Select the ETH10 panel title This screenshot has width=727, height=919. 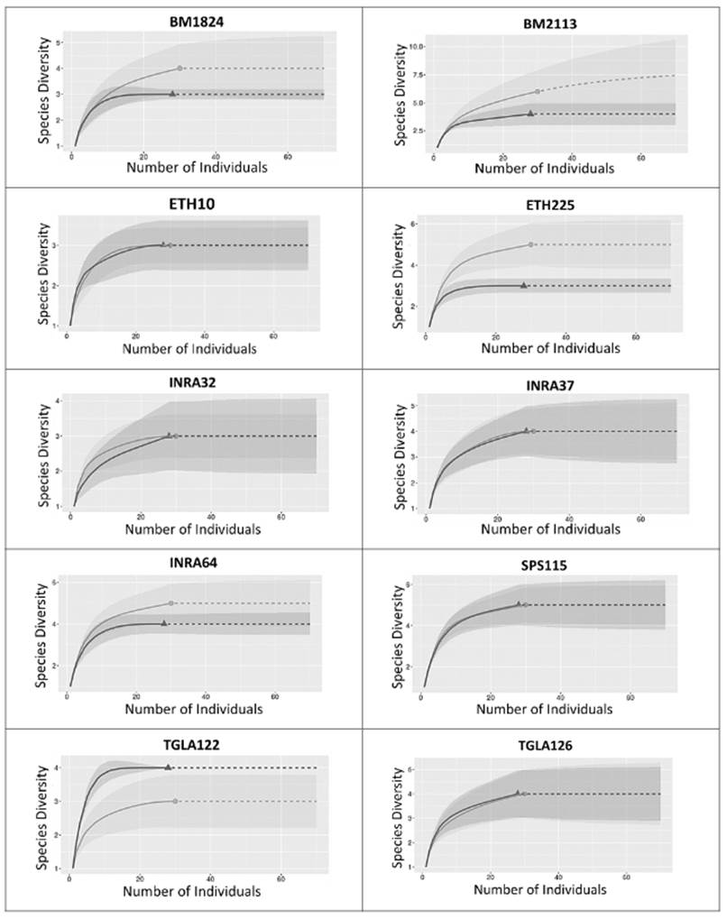[184, 202]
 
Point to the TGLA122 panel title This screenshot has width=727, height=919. [184, 744]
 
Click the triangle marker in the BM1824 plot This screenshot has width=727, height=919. [172, 93]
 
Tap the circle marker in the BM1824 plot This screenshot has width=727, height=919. [180, 68]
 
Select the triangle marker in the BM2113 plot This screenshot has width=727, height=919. [530, 113]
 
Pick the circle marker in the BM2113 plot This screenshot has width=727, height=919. [538, 91]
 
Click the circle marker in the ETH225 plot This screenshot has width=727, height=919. [531, 244]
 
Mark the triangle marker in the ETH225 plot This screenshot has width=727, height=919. [524, 285]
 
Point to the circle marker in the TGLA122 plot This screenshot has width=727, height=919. [175, 801]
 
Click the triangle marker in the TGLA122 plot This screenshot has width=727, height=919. [168, 767]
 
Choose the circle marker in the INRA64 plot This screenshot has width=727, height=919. [171, 603]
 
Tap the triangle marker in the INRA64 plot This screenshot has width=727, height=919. [163, 623]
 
